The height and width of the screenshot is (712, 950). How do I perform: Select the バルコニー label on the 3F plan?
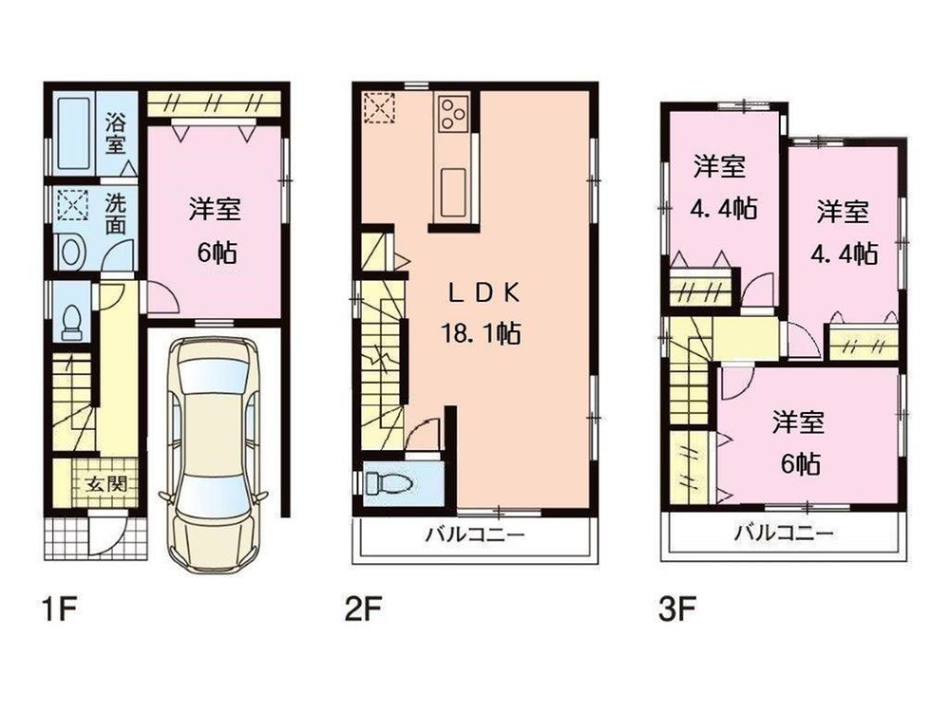tap(784, 534)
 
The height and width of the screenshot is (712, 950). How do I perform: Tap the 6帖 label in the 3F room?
tap(796, 462)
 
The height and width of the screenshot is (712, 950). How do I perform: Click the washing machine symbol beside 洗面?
tap(70, 206)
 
